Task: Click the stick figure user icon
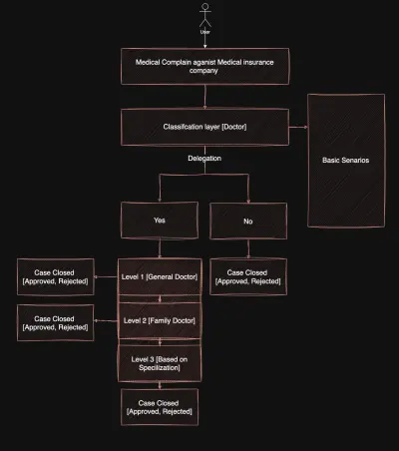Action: [x=205, y=15]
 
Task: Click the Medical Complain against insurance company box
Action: [x=204, y=66]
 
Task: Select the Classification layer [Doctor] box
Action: [x=204, y=127]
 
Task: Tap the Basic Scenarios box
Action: [x=346, y=161]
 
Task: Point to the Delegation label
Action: [x=204, y=159]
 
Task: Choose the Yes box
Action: [x=160, y=221]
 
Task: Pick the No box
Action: [x=248, y=221]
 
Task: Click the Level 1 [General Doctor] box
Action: [x=160, y=276]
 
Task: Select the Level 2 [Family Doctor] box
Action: [x=160, y=320]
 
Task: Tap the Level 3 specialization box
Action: [x=160, y=363]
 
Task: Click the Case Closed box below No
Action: [x=248, y=276]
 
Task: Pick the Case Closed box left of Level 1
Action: [x=56, y=276]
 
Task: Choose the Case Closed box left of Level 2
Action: [x=56, y=322]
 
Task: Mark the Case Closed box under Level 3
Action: [x=160, y=407]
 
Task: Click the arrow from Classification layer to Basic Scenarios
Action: [x=298, y=127]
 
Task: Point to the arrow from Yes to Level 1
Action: [x=160, y=248]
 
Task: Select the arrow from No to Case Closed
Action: [x=248, y=248]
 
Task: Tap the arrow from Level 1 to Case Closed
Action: [x=106, y=276]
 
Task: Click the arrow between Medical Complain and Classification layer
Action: [x=204, y=97]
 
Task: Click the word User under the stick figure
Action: [x=204, y=32]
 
